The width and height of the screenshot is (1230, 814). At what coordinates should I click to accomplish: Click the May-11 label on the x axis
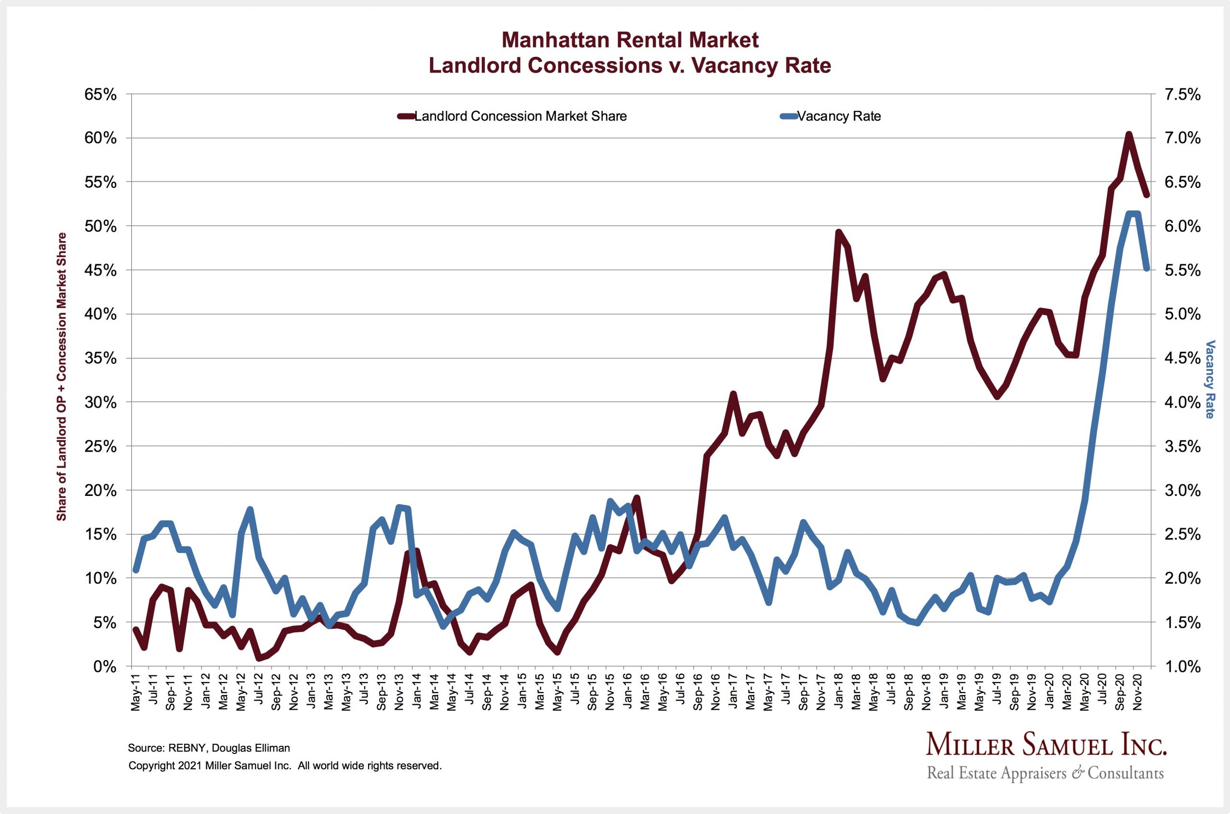pos(136,691)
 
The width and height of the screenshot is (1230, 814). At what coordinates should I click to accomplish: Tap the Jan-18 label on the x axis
pos(837,691)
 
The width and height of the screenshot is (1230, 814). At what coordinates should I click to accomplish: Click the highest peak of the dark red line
pos(1128,135)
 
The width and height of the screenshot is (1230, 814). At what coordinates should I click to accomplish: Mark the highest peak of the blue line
pos(1132,213)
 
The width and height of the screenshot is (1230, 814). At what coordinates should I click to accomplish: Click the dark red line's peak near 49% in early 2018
pos(838,232)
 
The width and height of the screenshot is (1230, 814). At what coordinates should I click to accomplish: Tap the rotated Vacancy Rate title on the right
pos(1210,379)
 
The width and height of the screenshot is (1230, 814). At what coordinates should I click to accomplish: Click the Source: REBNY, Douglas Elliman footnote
pos(209,748)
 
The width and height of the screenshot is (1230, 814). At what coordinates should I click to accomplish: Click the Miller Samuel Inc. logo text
pos(1046,745)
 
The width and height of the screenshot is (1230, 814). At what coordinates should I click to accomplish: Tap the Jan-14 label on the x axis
pos(416,691)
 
